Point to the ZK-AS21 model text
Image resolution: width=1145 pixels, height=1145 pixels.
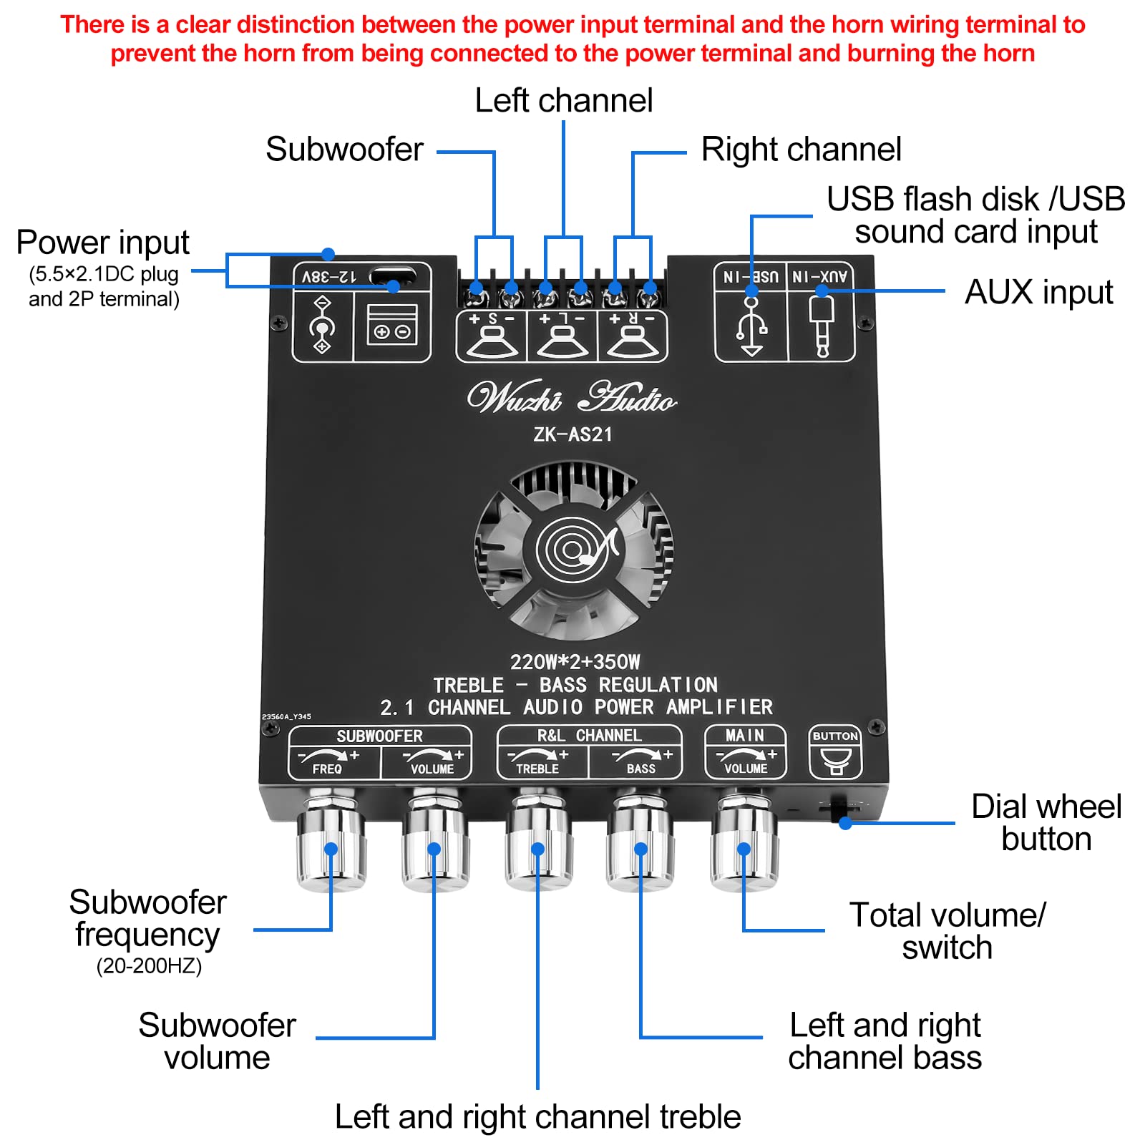tap(572, 434)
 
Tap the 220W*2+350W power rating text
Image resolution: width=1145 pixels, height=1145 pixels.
tap(575, 662)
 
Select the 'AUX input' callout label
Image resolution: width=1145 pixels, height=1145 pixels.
tap(1038, 292)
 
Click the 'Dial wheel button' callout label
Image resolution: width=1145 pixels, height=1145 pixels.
tap(1046, 823)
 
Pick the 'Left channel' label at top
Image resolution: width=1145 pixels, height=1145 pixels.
tap(563, 101)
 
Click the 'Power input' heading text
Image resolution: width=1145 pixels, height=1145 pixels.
tap(102, 243)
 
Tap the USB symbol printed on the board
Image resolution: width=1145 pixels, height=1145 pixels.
tap(751, 327)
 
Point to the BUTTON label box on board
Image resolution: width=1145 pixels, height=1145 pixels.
tap(834, 736)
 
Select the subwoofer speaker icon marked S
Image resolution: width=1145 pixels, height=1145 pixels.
tap(492, 338)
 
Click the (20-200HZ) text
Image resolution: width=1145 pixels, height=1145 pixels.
tap(149, 966)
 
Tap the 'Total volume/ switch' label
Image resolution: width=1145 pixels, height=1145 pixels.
tap(947, 931)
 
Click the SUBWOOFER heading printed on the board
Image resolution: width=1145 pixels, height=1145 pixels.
tap(379, 736)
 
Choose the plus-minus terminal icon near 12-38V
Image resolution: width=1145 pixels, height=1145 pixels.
tap(392, 326)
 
